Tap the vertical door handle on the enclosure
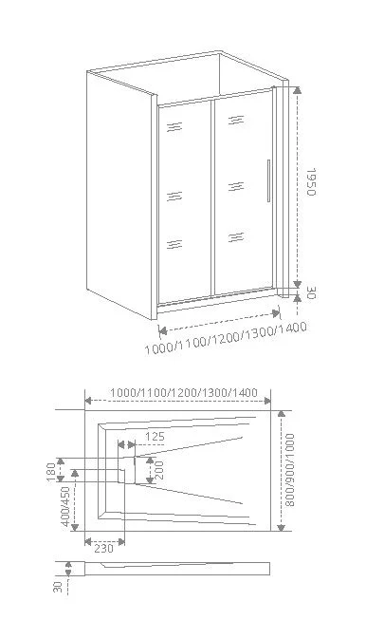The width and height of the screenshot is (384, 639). (x=268, y=180)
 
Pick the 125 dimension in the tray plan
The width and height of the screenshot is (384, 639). (x=155, y=438)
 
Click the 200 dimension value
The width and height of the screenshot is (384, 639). (x=158, y=468)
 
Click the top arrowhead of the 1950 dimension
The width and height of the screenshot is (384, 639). (x=298, y=91)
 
